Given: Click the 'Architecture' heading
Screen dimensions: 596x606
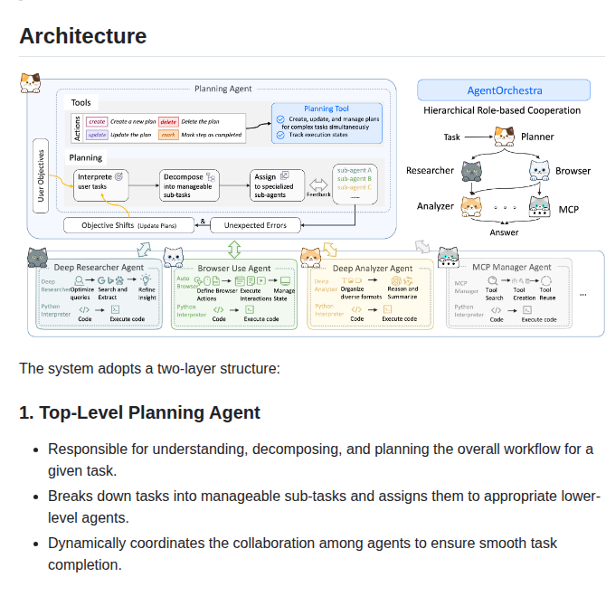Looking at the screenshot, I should (82, 36).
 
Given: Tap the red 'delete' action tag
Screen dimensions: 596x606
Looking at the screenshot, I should (168, 120).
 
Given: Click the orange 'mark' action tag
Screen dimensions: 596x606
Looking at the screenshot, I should (168, 135).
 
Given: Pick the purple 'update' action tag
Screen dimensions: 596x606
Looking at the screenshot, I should (98, 135).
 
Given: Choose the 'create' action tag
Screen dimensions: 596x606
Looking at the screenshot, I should (97, 120).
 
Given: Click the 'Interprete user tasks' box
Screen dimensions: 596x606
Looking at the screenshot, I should (101, 184).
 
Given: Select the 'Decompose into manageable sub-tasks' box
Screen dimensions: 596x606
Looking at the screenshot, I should (189, 184).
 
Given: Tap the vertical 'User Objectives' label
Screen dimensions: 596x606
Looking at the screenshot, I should (40, 175).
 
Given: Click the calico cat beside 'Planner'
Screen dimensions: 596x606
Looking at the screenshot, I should (504, 137).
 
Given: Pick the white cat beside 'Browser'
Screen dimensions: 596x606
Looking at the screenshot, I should (540, 171).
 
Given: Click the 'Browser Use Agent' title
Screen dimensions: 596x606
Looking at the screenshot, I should (233, 268).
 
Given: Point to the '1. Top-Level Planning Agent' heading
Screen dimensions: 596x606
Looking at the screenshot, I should (139, 412).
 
